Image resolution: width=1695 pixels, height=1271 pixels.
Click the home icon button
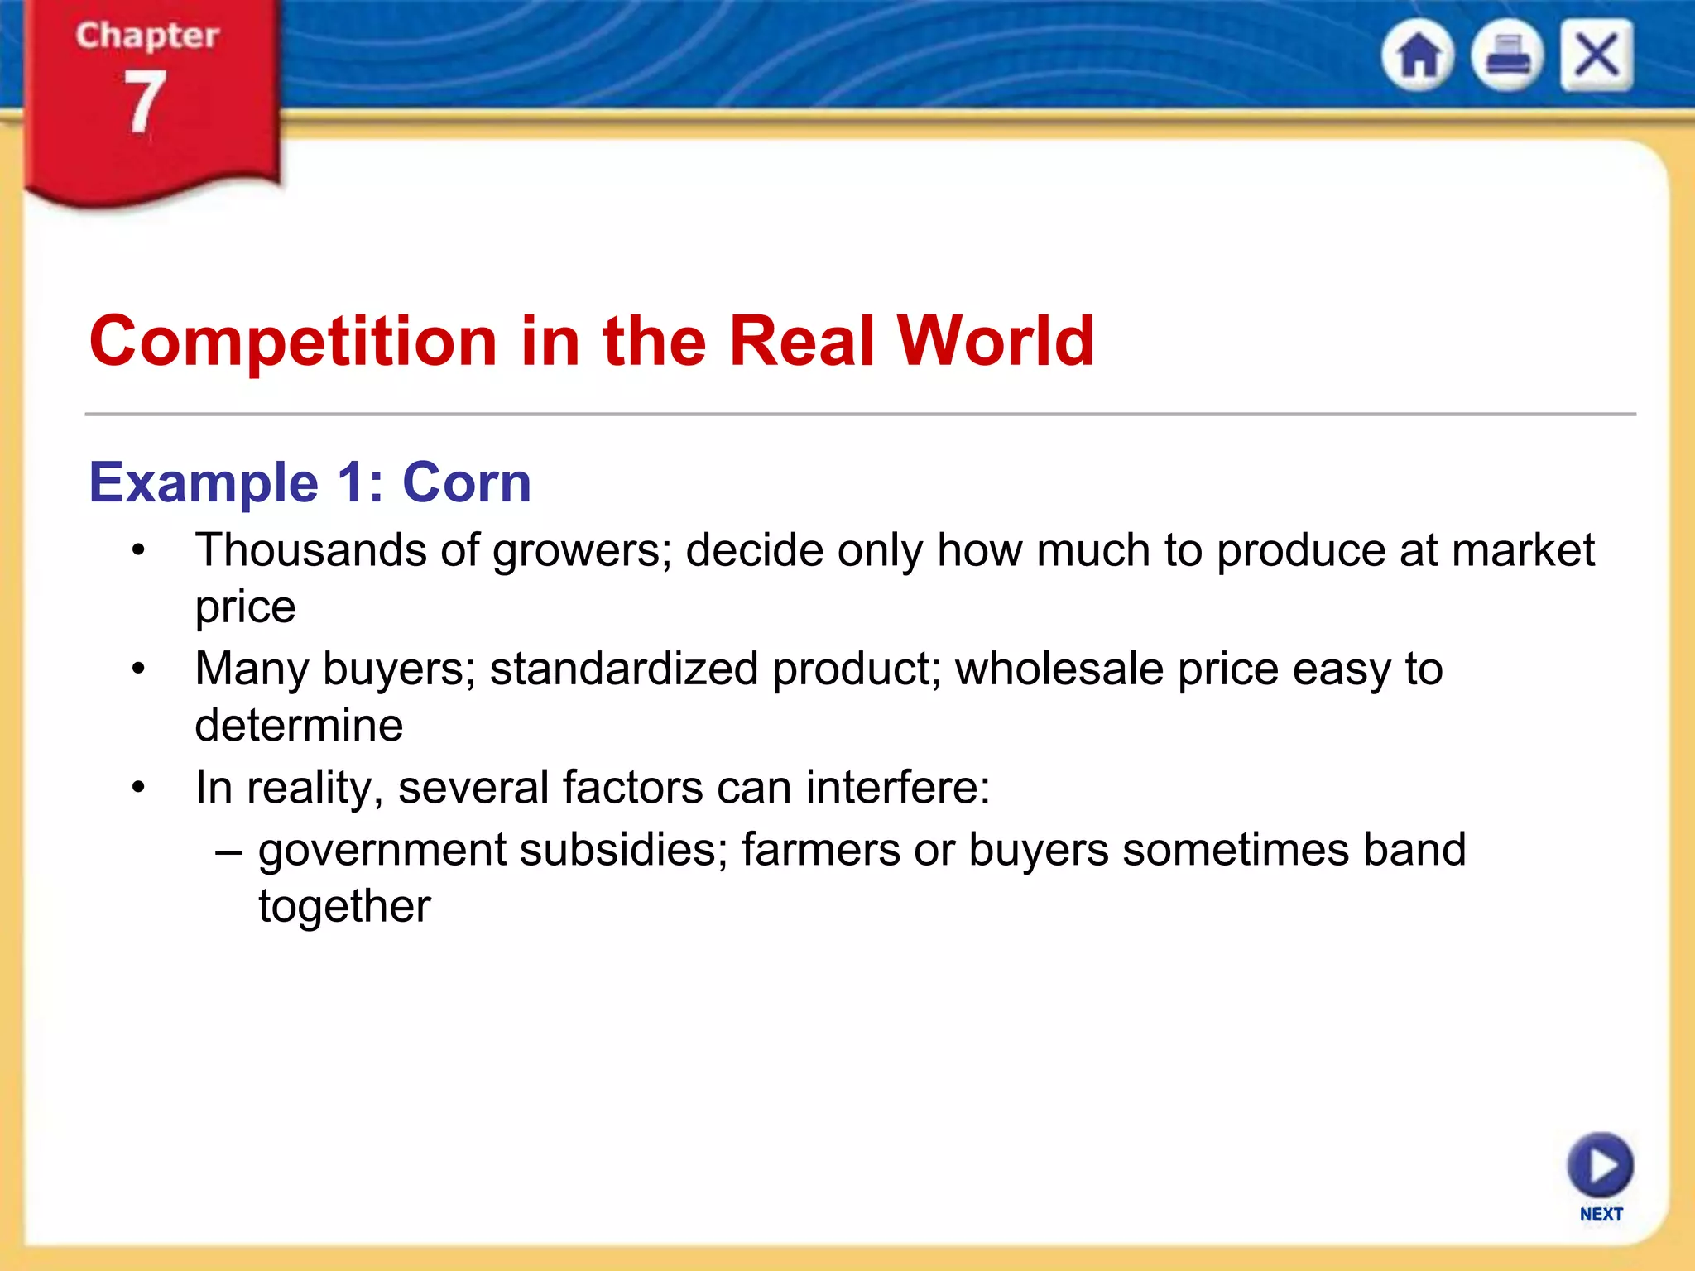[1418, 55]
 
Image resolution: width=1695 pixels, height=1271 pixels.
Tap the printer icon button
[1507, 55]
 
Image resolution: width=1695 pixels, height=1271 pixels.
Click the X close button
[1597, 55]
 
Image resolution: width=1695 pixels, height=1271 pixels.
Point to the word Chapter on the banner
[147, 36]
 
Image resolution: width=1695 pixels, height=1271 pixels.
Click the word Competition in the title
[293, 341]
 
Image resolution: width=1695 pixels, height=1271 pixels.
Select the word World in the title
[996, 341]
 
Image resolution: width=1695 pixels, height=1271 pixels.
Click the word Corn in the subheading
[466, 482]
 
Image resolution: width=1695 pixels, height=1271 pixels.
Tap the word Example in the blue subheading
[204, 482]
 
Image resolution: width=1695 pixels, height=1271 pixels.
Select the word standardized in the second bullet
[623, 669]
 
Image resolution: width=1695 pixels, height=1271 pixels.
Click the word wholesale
[1059, 669]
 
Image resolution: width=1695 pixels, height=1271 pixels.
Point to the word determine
[299, 726]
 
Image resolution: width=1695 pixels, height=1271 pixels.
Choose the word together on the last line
[344, 907]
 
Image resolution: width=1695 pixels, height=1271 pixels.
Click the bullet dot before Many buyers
[138, 669]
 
